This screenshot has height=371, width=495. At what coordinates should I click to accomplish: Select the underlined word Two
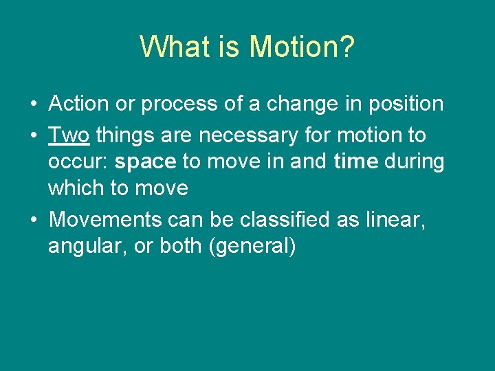(69, 135)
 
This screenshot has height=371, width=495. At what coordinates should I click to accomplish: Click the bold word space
(146, 161)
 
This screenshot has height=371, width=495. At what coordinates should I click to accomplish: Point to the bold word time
(355, 161)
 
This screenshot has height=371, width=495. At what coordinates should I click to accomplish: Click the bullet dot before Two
(33, 136)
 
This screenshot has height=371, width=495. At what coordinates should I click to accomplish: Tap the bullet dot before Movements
(33, 220)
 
